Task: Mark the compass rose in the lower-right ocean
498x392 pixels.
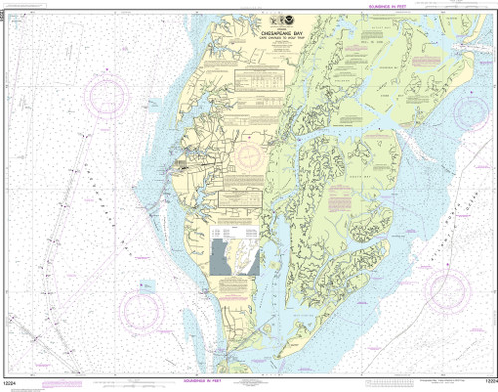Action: point(447,289)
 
